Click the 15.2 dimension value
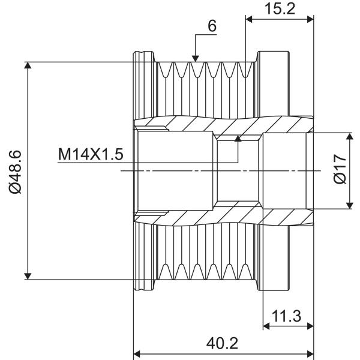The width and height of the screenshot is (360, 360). coord(280,9)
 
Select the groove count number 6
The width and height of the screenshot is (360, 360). coord(212,26)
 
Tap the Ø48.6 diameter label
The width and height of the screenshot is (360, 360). coord(16,172)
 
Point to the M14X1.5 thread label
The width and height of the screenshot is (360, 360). coord(91,154)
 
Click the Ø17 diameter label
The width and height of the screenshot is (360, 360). coord(340,169)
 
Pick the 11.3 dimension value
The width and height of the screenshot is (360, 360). coord(286,316)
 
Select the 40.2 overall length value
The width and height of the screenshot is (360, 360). coord(222,344)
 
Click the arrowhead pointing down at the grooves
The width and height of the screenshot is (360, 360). coord(195,59)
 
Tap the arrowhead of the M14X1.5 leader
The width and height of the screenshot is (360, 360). coord(238,138)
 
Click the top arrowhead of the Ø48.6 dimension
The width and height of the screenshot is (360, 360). coord(28,65)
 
